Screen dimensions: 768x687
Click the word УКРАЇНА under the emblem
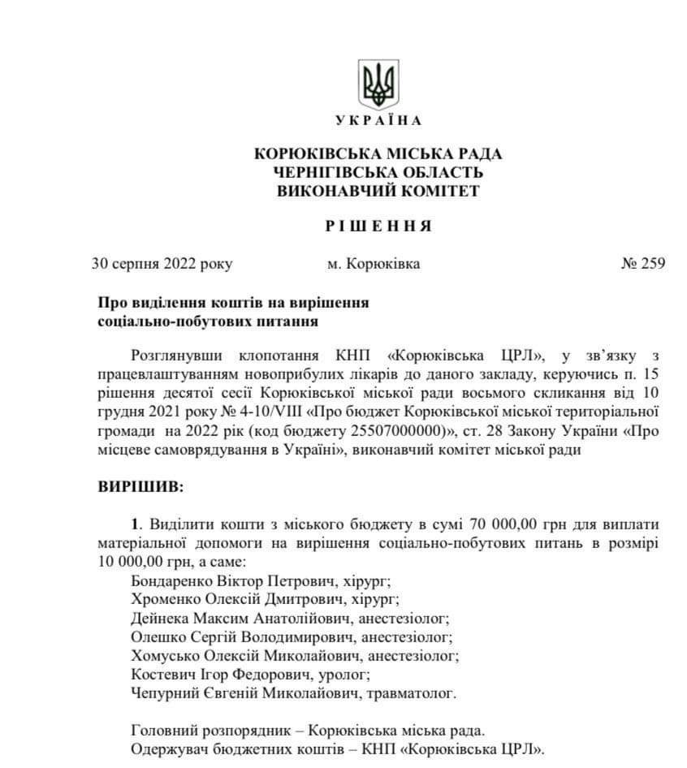[x=378, y=121]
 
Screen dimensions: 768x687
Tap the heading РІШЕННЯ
[x=378, y=226]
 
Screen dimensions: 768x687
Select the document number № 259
[x=642, y=264]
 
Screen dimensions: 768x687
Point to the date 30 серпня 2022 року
[x=162, y=264]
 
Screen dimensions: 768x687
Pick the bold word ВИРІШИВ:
[x=140, y=489]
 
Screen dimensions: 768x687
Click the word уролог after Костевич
[x=346, y=673]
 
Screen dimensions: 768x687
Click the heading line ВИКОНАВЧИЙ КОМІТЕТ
[x=378, y=192]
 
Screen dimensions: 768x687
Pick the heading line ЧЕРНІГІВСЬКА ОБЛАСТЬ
[x=378, y=172]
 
